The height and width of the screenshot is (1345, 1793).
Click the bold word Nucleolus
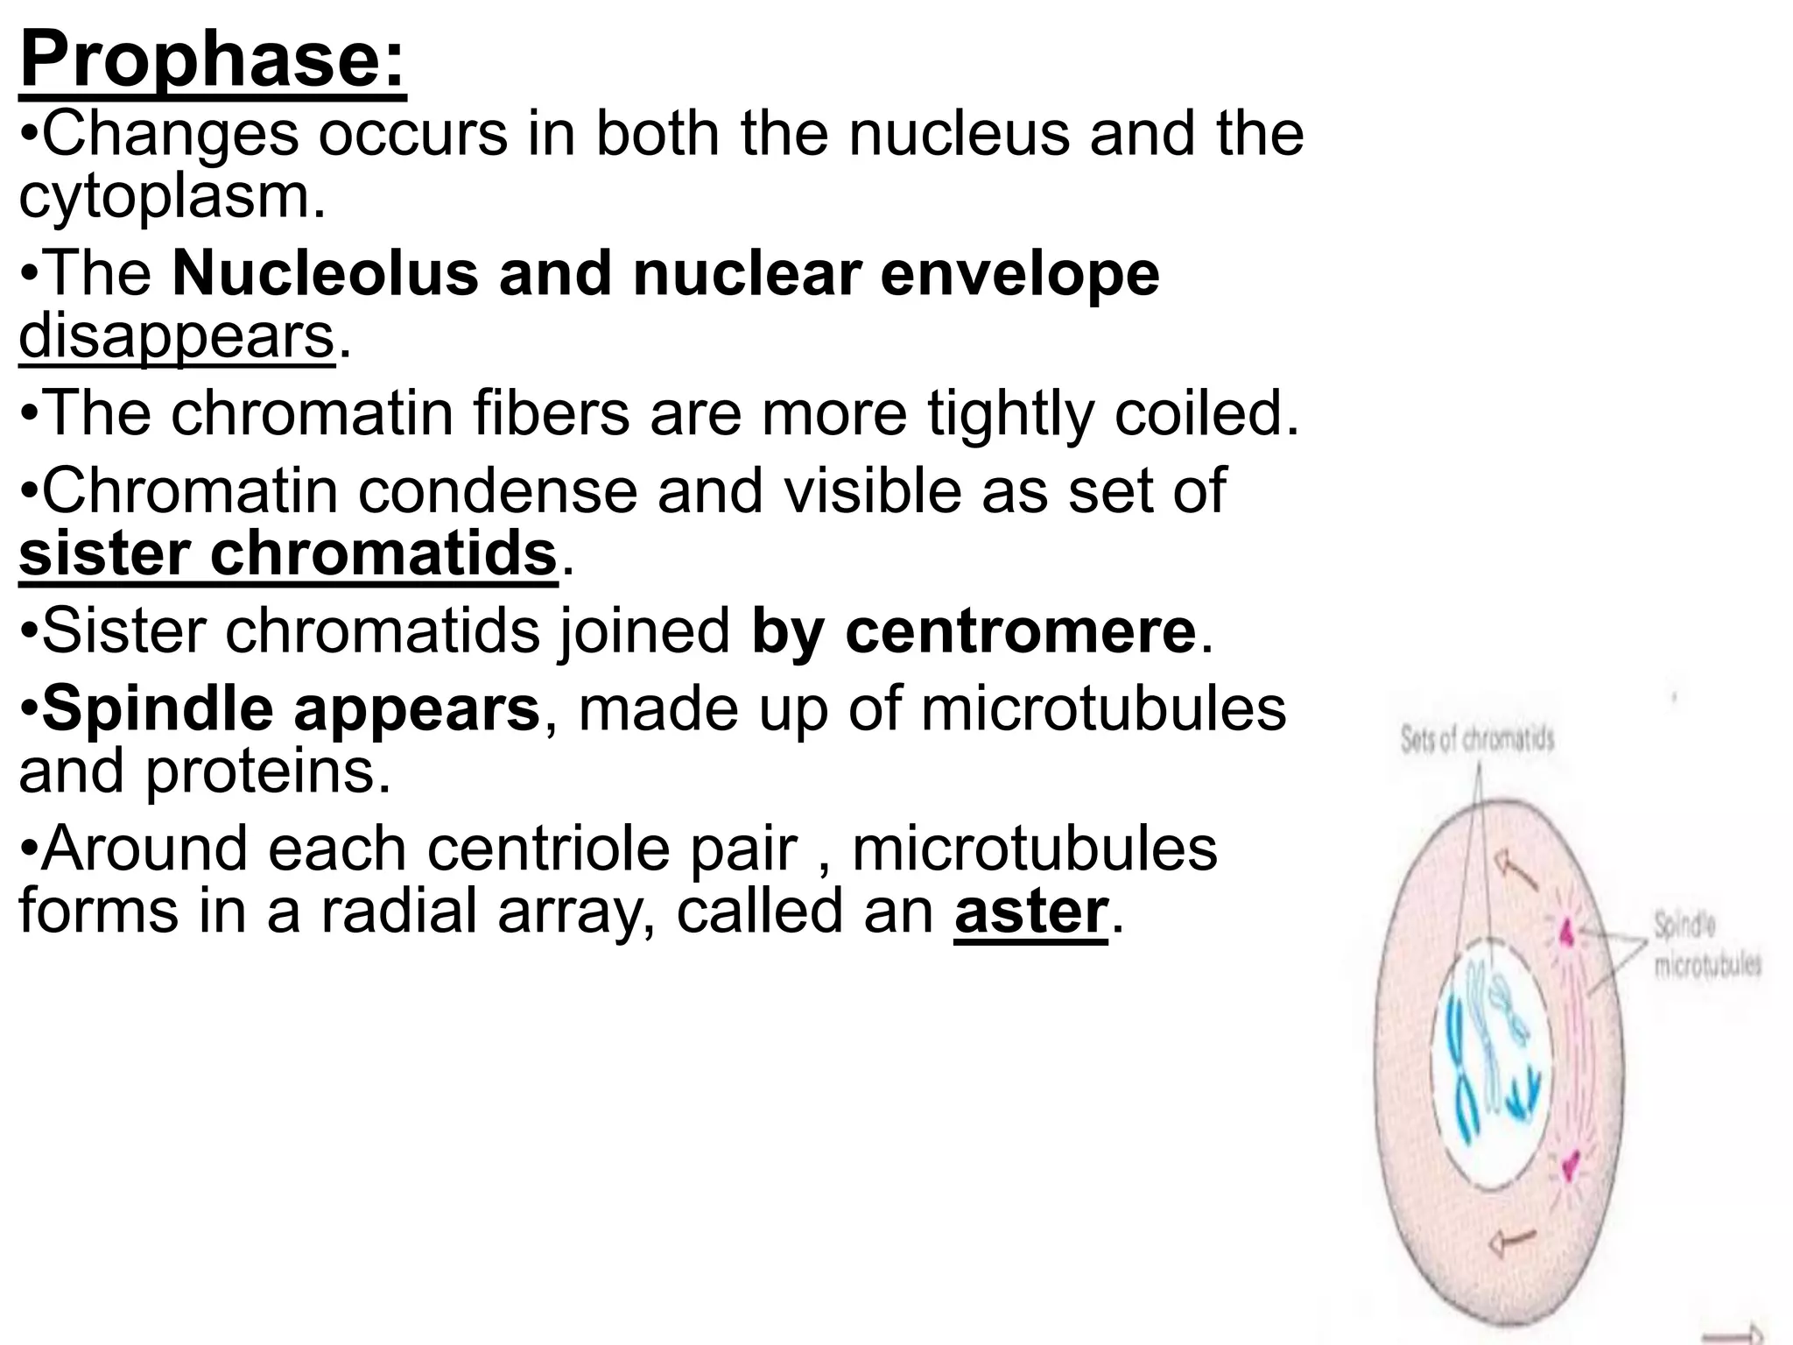point(326,273)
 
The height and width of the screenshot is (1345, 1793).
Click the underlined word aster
point(1030,912)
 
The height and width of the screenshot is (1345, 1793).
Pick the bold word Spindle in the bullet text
point(158,708)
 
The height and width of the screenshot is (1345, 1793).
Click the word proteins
point(268,771)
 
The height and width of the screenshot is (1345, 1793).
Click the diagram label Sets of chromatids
point(1477,740)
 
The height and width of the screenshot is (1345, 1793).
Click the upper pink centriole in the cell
point(1568,933)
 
